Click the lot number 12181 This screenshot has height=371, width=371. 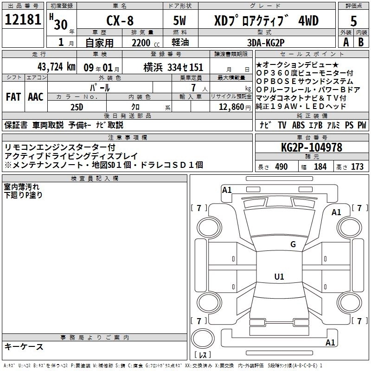(23, 19)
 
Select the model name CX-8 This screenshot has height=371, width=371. (120, 20)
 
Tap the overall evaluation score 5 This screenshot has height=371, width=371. (353, 21)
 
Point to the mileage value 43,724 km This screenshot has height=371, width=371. (56, 67)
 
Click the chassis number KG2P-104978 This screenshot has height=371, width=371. (312, 147)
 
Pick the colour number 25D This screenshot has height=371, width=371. (77, 107)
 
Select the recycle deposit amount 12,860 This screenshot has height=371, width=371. (231, 107)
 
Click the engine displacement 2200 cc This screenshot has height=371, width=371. (146, 43)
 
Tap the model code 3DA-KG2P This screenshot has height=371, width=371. (266, 43)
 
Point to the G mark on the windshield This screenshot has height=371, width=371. (293, 244)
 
